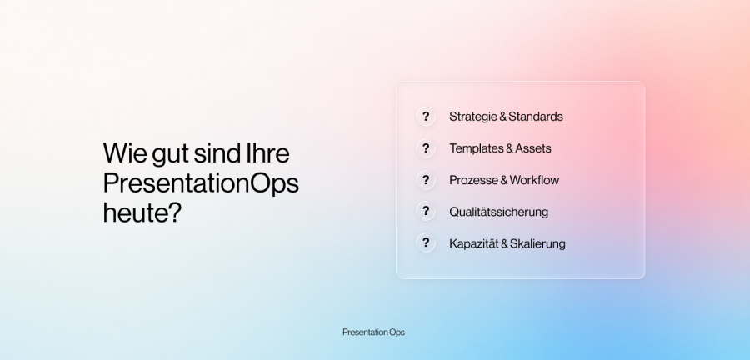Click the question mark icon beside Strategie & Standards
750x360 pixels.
point(426,117)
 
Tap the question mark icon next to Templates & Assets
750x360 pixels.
point(426,148)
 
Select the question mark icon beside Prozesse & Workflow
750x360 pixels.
point(426,180)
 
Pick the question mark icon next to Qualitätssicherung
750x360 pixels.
point(426,212)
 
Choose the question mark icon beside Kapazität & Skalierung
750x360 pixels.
point(426,242)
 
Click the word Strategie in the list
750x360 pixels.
point(472,117)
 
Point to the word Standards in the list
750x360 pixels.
point(536,117)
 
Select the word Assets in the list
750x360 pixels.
point(533,148)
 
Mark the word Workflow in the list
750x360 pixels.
point(534,180)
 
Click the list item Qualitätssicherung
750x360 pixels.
point(499,212)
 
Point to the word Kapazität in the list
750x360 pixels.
point(473,244)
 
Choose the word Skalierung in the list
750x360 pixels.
point(537,244)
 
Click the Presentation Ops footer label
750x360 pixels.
point(373,332)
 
